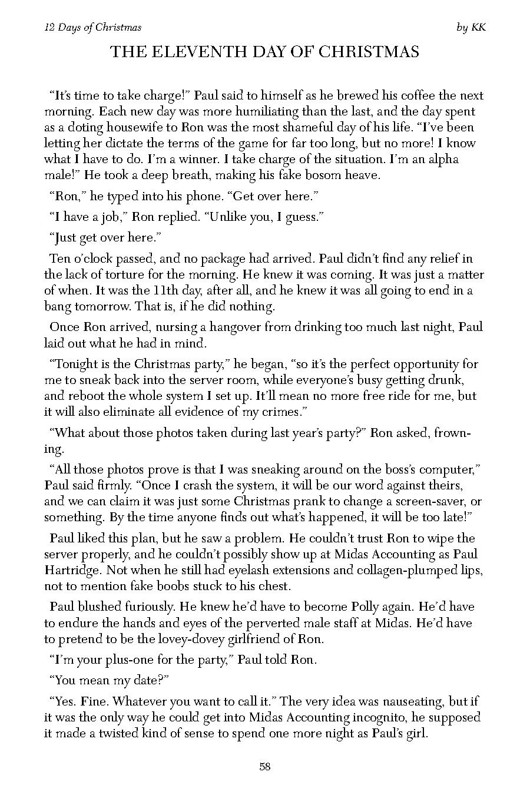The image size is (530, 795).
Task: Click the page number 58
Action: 264,766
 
